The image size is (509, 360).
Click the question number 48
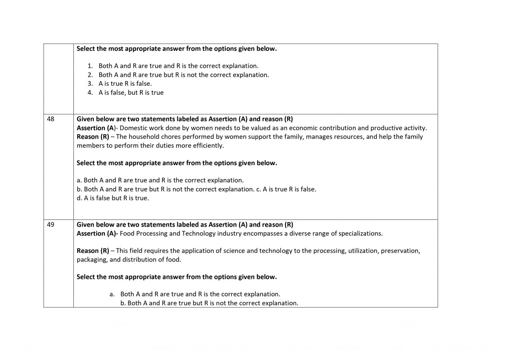coord(50,119)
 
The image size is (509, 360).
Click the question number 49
coord(50,225)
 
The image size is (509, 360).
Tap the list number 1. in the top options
coord(90,66)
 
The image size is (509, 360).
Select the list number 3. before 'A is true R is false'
coord(90,84)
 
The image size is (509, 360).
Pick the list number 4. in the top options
coord(90,93)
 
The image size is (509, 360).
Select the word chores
coord(170,137)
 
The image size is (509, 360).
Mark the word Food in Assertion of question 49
coord(128,233)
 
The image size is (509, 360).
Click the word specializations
coord(361,233)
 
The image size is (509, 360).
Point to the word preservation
coord(400,251)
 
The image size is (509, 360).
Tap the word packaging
coord(92,260)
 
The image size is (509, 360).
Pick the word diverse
coord(300,233)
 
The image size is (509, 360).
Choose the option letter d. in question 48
coord(79,198)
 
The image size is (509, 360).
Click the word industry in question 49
coord(229,233)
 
